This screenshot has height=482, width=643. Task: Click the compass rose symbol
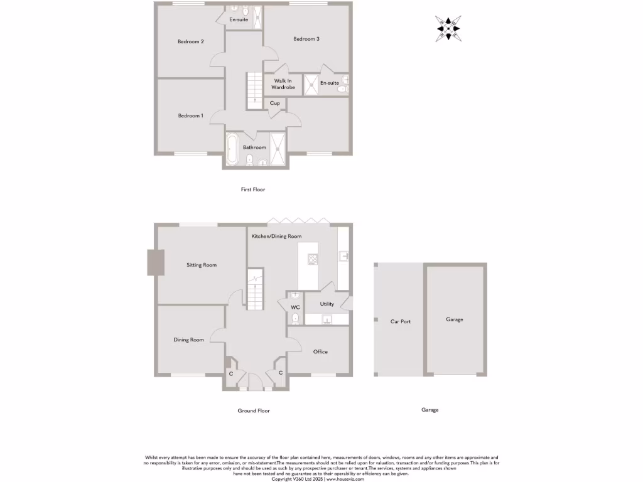pos(448,29)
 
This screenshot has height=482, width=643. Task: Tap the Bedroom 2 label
pos(190,42)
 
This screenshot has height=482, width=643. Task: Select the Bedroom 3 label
pos(306,39)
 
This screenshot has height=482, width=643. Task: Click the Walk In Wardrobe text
pos(283,84)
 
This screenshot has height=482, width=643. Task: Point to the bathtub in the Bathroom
pos(232,149)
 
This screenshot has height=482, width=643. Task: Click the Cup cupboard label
pos(275,103)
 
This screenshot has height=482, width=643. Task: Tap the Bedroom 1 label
pos(190,115)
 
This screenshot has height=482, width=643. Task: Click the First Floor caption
pos(253,189)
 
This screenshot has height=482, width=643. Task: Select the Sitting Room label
pos(202,265)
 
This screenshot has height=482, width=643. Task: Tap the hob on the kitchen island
pos(313,258)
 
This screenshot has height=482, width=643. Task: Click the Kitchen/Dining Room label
pos(276,236)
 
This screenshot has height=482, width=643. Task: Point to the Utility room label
pos(327,304)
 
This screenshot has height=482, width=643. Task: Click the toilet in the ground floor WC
pos(295,319)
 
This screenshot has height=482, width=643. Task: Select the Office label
pos(320,351)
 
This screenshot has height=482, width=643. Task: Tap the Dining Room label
pos(189,340)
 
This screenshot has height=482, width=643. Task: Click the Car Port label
pos(401,321)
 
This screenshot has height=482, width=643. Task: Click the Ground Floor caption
pos(254,410)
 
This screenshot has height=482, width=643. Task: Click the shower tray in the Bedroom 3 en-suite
pos(311,84)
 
